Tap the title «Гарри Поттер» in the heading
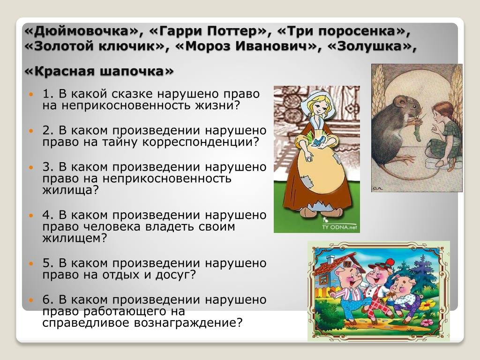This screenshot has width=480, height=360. pyautogui.click(x=208, y=31)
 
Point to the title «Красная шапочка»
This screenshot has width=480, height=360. pyautogui.click(x=99, y=71)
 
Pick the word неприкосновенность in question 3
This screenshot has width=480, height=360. pyautogui.click(x=167, y=179)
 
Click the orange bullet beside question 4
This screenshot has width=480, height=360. pyautogui.click(x=30, y=215)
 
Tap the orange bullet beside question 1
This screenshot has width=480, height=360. pyautogui.click(x=30, y=94)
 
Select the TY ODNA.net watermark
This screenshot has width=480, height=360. pyautogui.click(x=339, y=227)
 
